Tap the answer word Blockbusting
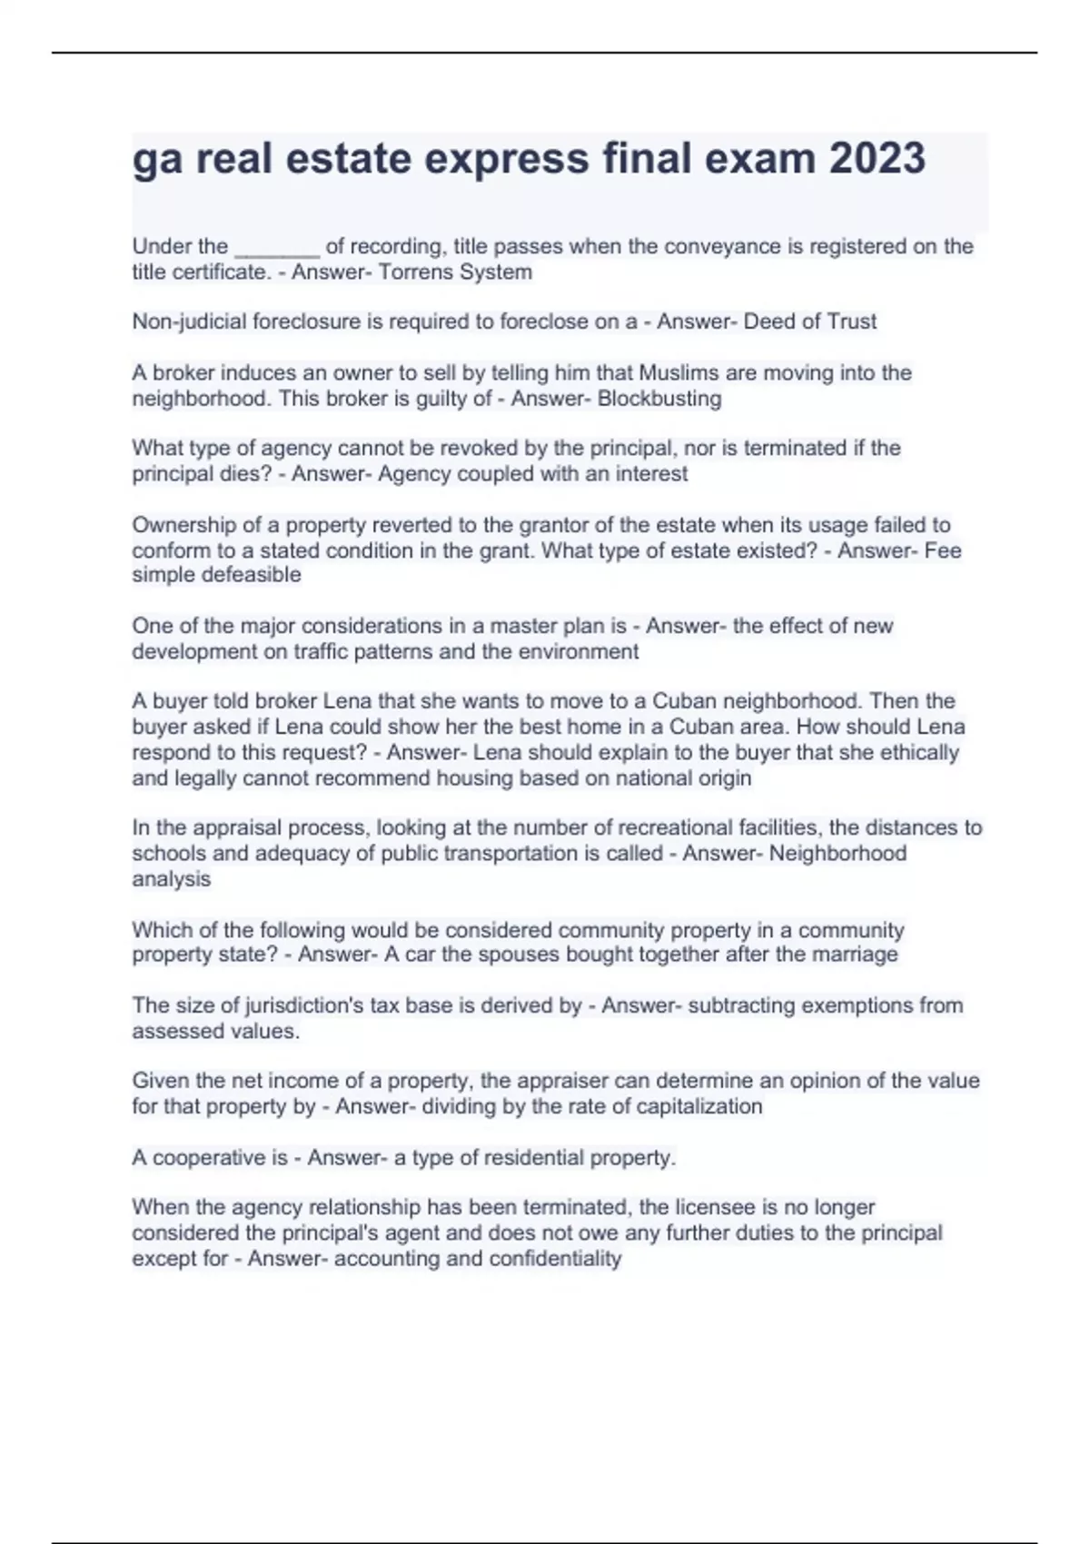point(659,399)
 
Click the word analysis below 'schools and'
point(172,879)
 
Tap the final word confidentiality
point(555,1259)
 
